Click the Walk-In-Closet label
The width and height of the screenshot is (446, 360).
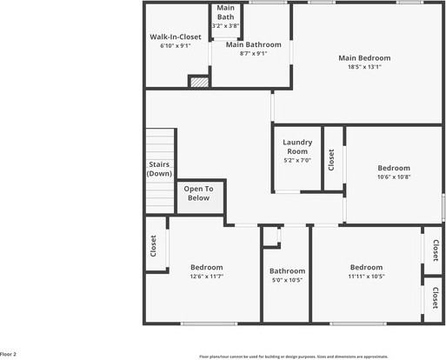tap(176, 37)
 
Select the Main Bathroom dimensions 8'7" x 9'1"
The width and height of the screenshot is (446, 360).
tap(253, 53)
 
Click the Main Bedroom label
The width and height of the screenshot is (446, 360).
tap(364, 58)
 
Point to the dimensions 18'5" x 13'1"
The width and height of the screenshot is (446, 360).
tap(364, 68)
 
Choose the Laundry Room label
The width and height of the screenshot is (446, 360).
tap(297, 147)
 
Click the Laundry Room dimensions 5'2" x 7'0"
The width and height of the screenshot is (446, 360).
tap(297, 160)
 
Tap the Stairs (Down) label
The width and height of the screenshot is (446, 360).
tap(159, 169)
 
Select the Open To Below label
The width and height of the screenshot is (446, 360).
tap(199, 193)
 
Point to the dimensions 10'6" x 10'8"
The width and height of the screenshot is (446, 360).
tap(394, 177)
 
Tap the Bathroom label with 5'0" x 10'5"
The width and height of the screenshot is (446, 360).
tap(287, 270)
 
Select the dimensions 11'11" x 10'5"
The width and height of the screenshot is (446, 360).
tap(367, 277)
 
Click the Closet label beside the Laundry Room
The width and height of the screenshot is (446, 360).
tap(330, 159)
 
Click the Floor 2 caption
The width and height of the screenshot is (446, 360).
tap(9, 355)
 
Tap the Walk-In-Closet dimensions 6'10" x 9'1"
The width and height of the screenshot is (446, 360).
tap(176, 46)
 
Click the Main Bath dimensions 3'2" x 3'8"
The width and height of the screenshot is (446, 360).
tap(225, 26)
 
